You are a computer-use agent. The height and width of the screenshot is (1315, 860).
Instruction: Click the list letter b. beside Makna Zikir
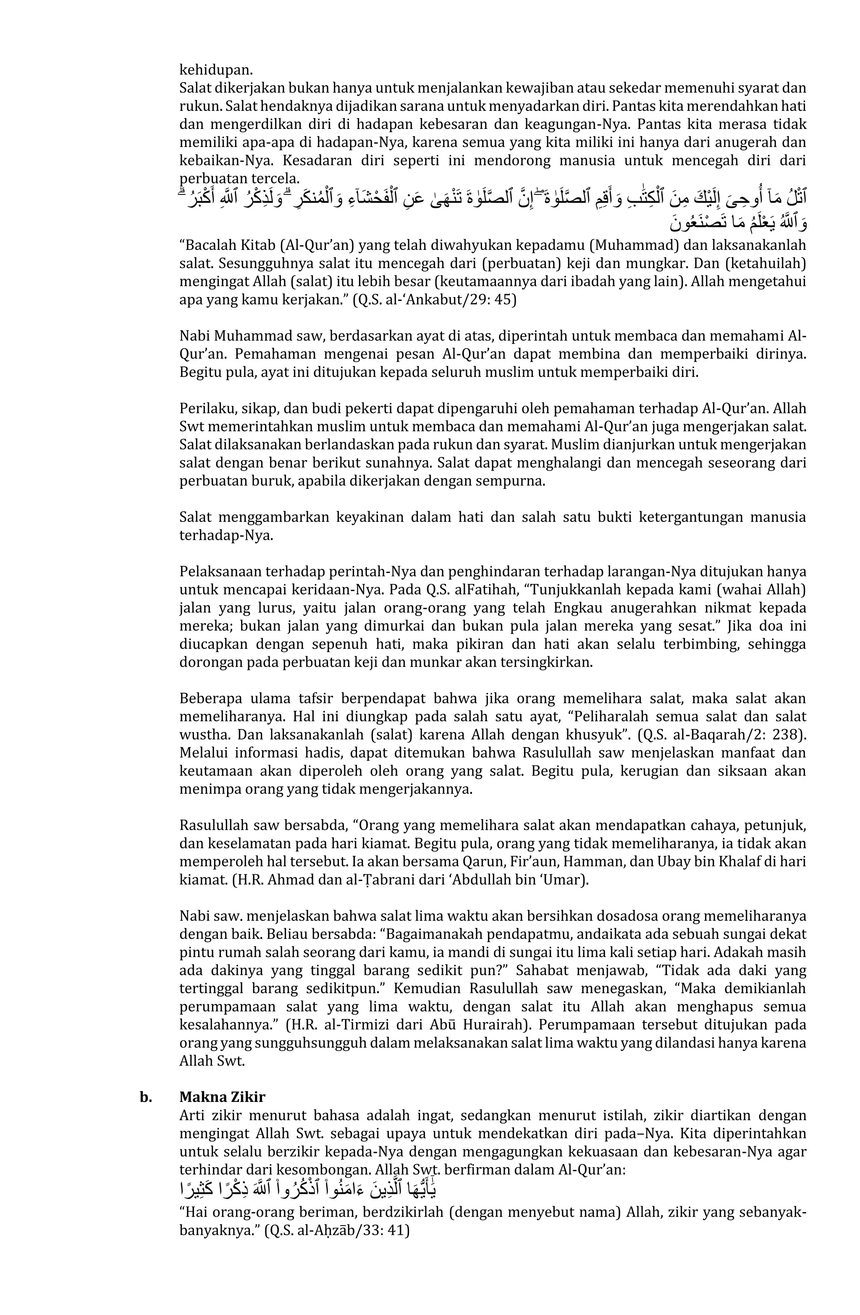point(145,1097)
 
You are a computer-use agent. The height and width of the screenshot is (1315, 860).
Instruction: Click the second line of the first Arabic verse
point(738,224)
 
